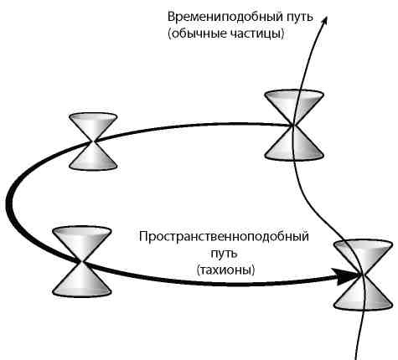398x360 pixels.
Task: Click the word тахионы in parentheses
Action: (x=226, y=270)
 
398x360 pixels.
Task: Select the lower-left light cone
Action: (x=81, y=260)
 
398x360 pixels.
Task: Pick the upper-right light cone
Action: (x=293, y=125)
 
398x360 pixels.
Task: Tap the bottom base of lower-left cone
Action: (x=81, y=290)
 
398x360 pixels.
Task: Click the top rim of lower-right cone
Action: (x=364, y=244)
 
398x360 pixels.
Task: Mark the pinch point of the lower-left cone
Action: (x=81, y=261)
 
